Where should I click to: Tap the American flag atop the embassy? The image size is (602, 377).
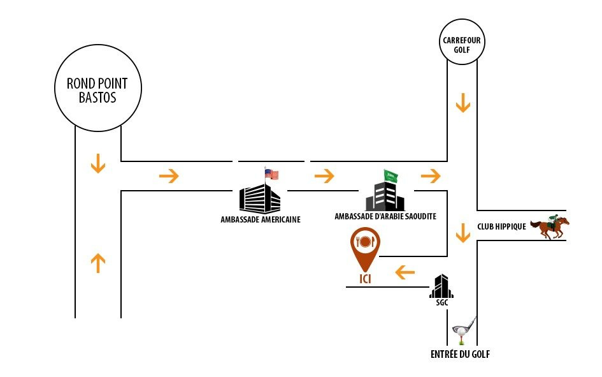[272, 174]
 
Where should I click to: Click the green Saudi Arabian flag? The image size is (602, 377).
[391, 176]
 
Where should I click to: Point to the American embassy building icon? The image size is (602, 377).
[259, 198]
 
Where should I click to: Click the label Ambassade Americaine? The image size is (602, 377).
[260, 219]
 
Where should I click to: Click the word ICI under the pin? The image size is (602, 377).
[365, 279]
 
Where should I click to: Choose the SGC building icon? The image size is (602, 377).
[441, 286]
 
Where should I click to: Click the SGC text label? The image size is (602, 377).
[441, 303]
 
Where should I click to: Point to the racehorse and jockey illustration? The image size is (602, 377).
[550, 226]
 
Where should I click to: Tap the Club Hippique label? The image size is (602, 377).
[501, 226]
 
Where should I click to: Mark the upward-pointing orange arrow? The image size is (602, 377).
[97, 263]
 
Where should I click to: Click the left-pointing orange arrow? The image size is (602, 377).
[405, 273]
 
